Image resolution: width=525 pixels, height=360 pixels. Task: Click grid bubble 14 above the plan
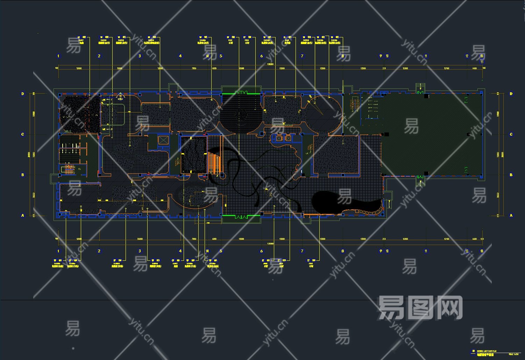click(x=207, y=56)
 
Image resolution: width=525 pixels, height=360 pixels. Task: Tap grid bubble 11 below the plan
click(x=426, y=251)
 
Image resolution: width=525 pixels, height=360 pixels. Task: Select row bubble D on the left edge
click(x=23, y=94)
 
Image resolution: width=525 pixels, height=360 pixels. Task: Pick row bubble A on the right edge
click(x=511, y=215)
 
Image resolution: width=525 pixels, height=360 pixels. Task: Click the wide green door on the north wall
click(x=241, y=93)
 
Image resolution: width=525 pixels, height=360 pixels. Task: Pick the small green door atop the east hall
click(x=420, y=92)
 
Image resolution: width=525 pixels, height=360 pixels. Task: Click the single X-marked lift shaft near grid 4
click(x=163, y=140)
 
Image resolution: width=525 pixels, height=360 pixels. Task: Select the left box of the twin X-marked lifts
click(x=279, y=138)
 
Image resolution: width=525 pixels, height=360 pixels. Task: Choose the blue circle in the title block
click(x=473, y=351)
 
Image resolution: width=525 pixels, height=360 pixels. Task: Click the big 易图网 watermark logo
click(x=420, y=308)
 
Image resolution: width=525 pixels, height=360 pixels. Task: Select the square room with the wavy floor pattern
click(x=194, y=155)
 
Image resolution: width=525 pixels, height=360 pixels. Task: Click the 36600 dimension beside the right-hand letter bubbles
click(x=502, y=154)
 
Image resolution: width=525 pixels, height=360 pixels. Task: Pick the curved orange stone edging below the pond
click(x=364, y=211)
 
